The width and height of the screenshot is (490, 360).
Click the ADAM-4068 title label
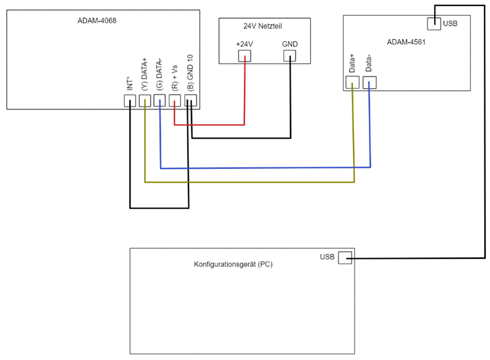click(x=97, y=21)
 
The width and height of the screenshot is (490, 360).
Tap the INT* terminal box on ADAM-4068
click(x=130, y=101)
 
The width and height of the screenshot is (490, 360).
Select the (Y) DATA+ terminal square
click(x=145, y=101)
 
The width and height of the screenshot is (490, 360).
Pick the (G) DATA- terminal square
click(x=160, y=101)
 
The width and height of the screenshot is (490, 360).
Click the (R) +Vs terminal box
click(x=175, y=101)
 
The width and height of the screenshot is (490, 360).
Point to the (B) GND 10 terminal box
click(x=190, y=101)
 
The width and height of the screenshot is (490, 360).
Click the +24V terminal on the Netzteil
click(x=245, y=56)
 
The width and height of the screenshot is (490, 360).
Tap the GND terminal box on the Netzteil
click(x=290, y=56)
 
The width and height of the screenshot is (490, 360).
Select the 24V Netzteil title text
click(x=263, y=26)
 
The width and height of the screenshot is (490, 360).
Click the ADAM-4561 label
click(x=406, y=42)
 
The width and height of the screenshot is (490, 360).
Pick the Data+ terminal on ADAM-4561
click(x=352, y=82)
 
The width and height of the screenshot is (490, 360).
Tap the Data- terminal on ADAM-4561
click(x=370, y=82)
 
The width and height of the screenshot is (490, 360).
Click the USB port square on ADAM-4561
click(x=434, y=24)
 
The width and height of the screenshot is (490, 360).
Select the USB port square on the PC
click(x=345, y=258)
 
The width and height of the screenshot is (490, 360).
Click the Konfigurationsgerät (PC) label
click(x=233, y=265)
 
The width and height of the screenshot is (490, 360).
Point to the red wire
click(x=209, y=125)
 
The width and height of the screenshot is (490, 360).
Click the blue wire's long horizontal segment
click(x=265, y=168)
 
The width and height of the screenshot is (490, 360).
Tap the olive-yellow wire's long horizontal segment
click(x=249, y=182)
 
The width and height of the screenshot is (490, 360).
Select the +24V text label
click(x=244, y=44)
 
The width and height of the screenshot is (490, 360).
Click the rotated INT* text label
click(x=130, y=84)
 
